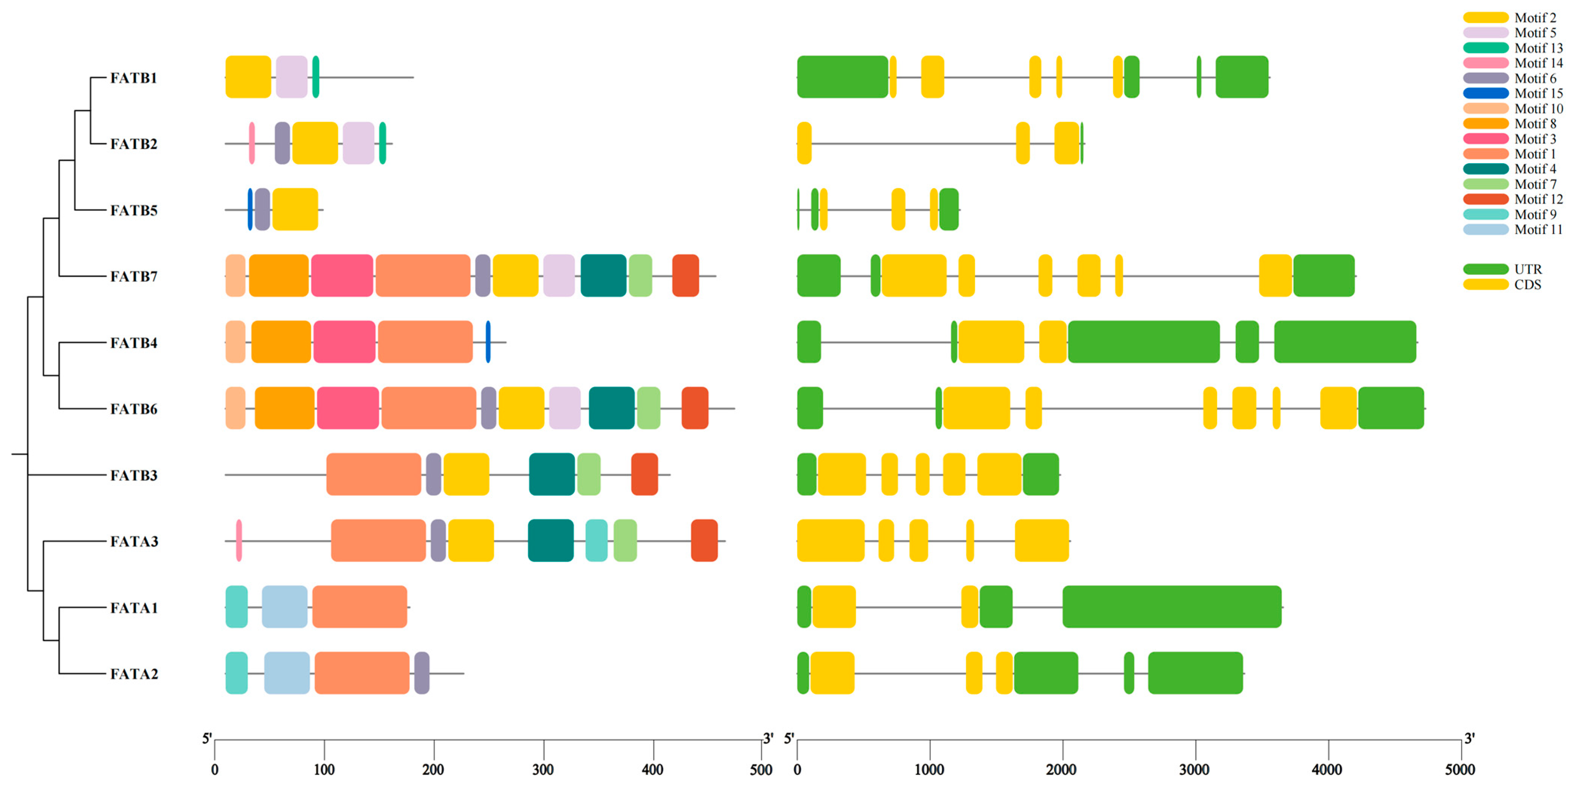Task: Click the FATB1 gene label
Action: click(133, 78)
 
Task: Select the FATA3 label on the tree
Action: click(134, 541)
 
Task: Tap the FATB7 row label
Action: click(133, 276)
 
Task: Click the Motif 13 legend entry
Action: click(1538, 48)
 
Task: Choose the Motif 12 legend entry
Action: click(1538, 199)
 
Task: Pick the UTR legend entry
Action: click(1528, 269)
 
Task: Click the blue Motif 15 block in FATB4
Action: click(488, 342)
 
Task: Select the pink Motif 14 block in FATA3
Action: click(239, 541)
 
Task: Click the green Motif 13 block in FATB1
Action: click(315, 77)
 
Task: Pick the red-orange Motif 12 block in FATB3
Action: click(644, 474)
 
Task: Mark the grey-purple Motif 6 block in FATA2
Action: click(422, 673)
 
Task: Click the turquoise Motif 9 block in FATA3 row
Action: click(597, 541)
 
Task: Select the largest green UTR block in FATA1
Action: click(1171, 607)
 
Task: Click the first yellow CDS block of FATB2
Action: click(804, 143)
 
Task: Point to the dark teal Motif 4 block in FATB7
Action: click(603, 275)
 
